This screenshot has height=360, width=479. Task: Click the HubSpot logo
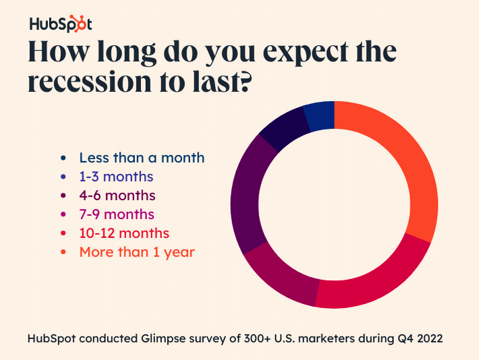pyautogui.click(x=60, y=24)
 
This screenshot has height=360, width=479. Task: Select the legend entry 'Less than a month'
pyautogui.click(x=142, y=158)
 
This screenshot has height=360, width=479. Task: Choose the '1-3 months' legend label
pyautogui.click(x=116, y=177)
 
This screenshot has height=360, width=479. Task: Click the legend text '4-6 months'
pyautogui.click(x=117, y=196)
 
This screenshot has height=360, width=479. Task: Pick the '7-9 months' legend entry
pyautogui.click(x=117, y=214)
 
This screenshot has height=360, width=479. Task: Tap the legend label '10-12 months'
pyautogui.click(x=124, y=233)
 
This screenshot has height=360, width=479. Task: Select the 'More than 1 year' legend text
pyautogui.click(x=137, y=252)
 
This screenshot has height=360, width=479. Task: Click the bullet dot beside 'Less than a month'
pyautogui.click(x=63, y=158)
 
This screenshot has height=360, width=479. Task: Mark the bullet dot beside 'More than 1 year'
pyautogui.click(x=63, y=253)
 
